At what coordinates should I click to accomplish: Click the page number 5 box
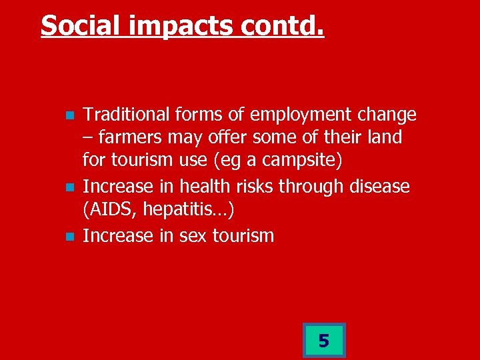click(x=323, y=341)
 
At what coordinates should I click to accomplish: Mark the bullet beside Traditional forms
click(x=69, y=116)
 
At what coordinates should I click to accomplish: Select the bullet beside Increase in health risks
click(x=69, y=187)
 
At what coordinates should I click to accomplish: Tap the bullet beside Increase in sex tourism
click(x=69, y=236)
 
